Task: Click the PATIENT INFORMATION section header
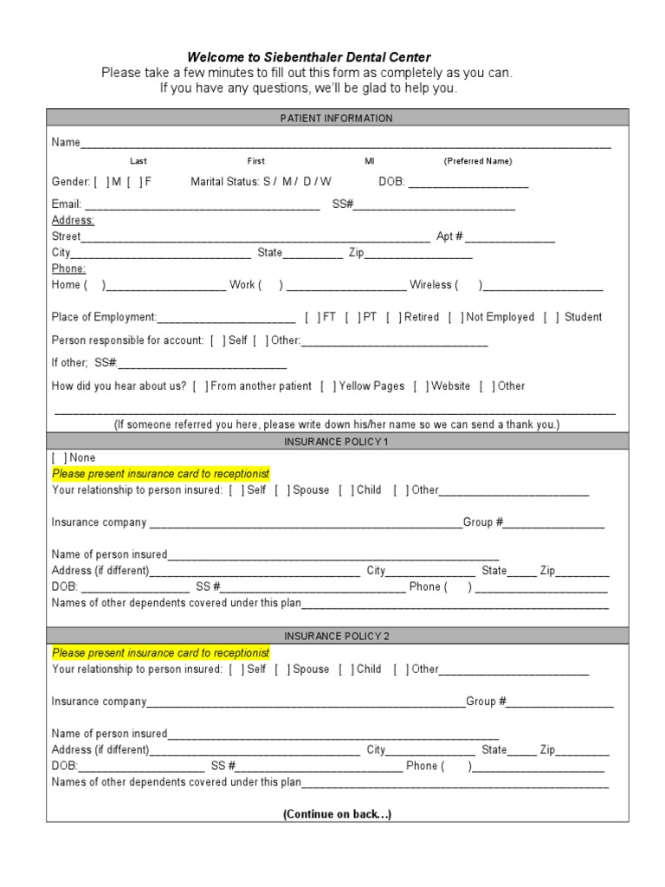[x=337, y=118]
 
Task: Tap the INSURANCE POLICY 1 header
[x=337, y=442]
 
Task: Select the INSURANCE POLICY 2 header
[x=337, y=636]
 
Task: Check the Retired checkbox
[x=394, y=317]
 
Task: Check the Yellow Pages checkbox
[x=328, y=386]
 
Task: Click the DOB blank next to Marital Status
[x=468, y=183]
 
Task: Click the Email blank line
[x=202, y=205]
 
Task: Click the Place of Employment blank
[x=226, y=318]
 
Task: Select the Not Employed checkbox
[x=455, y=317]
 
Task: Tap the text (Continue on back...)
[x=337, y=815]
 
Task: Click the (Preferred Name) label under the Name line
[x=478, y=161]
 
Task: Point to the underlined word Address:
[x=73, y=221]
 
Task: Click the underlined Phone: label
[x=68, y=269]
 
